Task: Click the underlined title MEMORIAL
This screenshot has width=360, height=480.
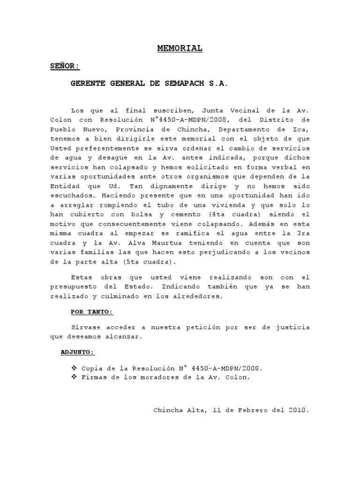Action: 180,48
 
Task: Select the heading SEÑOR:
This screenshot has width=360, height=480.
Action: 65,66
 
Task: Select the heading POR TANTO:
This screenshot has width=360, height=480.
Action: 92,312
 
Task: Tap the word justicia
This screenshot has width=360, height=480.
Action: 293,327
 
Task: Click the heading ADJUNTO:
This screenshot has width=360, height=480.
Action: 77,352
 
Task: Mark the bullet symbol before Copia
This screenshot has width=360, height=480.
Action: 74,367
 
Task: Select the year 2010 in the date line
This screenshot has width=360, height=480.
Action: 298,410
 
